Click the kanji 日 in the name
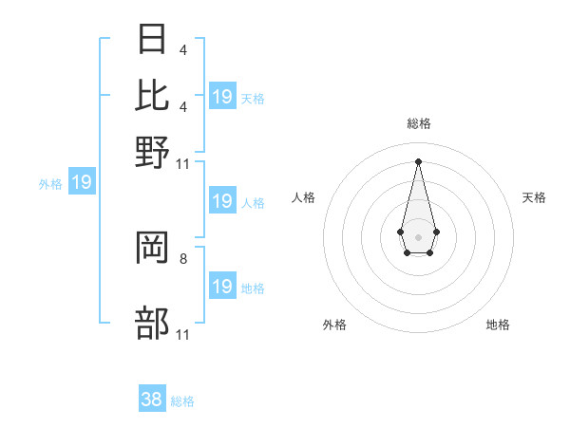click(152, 42)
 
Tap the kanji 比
click(152, 95)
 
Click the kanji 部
click(152, 323)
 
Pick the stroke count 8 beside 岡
click(182, 257)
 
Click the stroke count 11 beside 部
click(183, 334)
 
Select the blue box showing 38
click(152, 400)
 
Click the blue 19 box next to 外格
click(82, 181)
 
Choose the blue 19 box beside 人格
click(222, 201)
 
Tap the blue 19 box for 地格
click(222, 287)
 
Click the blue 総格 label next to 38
click(182, 401)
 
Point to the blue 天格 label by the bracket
click(253, 98)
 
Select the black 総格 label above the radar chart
click(419, 123)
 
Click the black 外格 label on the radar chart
click(334, 325)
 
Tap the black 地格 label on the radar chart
click(498, 325)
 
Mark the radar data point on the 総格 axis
click(419, 161)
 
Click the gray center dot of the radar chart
click(419, 236)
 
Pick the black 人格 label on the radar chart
click(304, 197)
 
